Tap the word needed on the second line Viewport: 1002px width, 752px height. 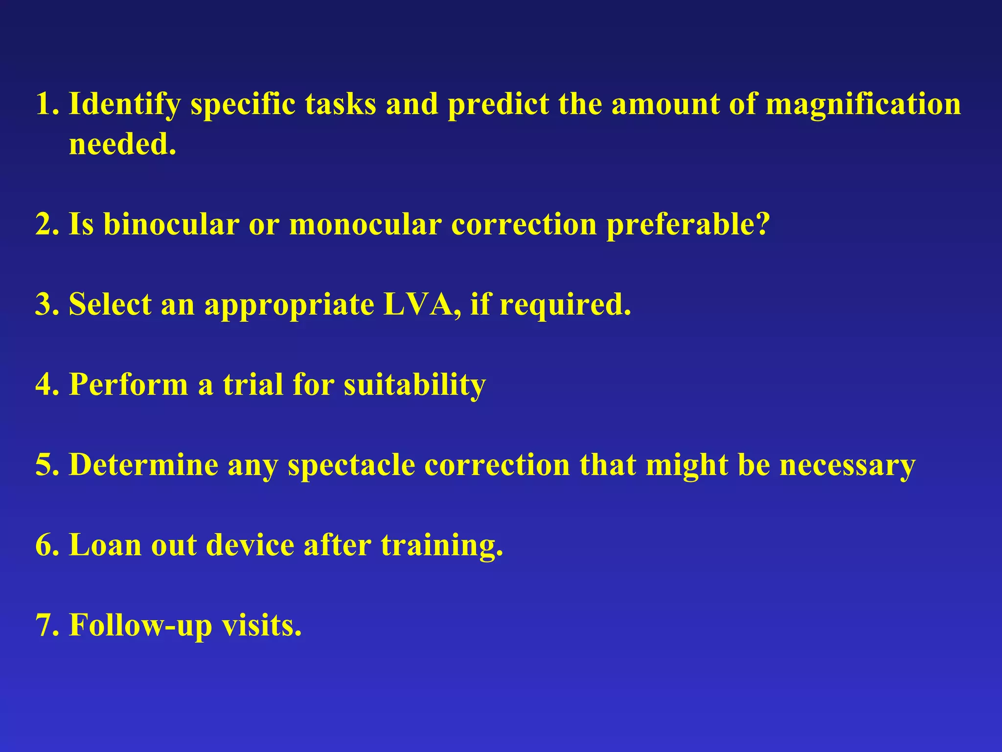click(122, 145)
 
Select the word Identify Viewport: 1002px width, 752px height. click(124, 105)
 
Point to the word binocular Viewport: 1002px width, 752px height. click(171, 225)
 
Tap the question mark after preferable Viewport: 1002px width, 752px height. click(762, 225)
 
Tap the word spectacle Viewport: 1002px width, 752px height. click(351, 466)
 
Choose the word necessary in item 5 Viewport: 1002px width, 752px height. click(847, 466)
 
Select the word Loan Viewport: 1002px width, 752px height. click(105, 545)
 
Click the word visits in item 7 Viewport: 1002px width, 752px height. click(262, 626)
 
